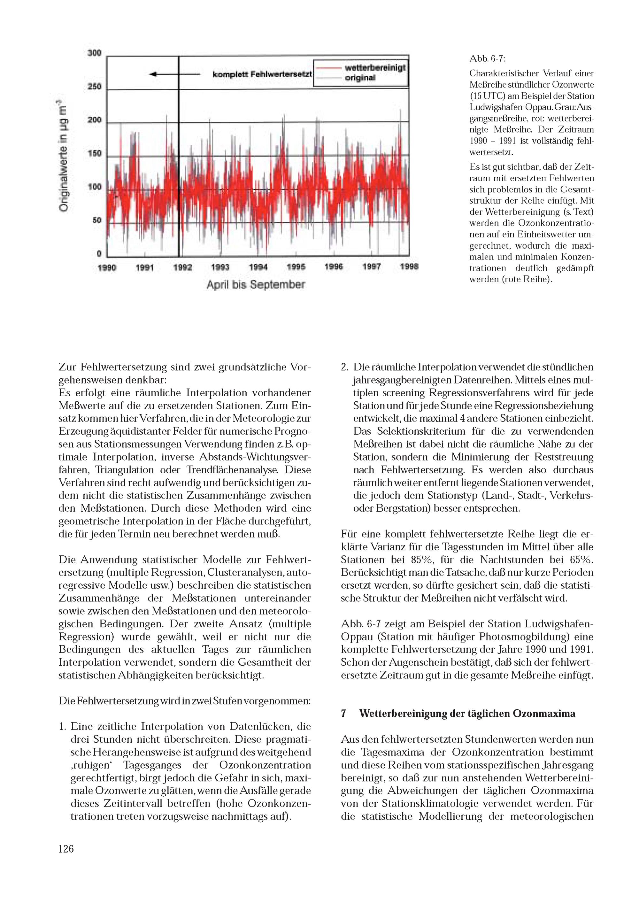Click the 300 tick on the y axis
[x=95, y=53]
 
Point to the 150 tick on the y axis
[x=95, y=154]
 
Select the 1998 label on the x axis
[x=409, y=267]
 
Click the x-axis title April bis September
[x=256, y=285]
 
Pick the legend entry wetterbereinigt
[x=375, y=68]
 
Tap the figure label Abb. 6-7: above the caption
[x=488, y=59]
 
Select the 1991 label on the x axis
[x=144, y=268]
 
